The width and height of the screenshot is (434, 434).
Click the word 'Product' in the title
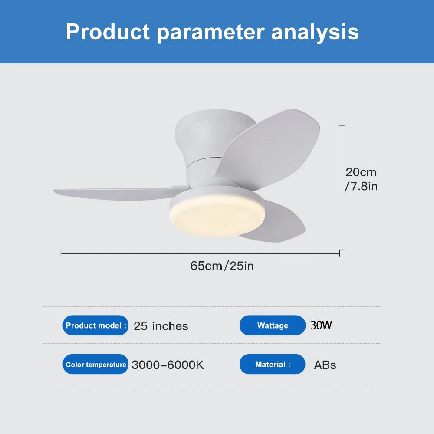[108, 32]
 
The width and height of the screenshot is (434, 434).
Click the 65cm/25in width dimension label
[222, 266]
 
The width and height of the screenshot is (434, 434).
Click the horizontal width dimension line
[200, 253]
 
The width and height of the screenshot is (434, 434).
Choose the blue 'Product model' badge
[96, 325]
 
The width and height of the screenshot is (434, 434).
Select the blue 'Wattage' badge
[273, 325]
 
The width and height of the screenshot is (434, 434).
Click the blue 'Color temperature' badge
[96, 365]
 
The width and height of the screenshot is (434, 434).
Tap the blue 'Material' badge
[273, 365]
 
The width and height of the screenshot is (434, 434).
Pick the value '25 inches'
[161, 326]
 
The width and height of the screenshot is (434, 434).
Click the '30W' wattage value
[321, 325]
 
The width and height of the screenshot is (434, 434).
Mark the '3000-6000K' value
[168, 365]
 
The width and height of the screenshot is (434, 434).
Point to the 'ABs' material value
[325, 365]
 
